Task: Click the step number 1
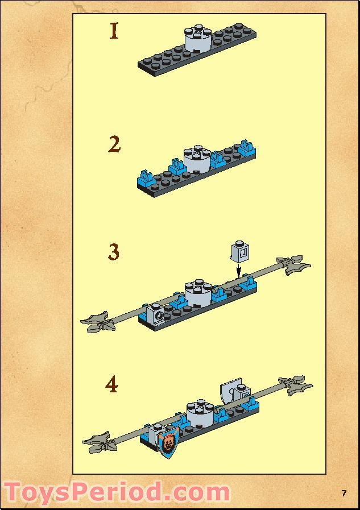pos(114,31)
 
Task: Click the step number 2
pos(114,144)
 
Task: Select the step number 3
pos(114,252)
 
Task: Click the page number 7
pos(344,493)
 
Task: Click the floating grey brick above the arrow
pos(239,252)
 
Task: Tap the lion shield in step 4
pos(169,442)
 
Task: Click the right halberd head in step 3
pos(293,265)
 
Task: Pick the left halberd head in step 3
pos(98,322)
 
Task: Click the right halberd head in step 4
pos(296,385)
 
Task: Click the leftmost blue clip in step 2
pos(145,177)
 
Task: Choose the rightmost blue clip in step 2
pos(247,148)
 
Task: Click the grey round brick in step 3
pos(198,293)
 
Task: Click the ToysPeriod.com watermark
pos(117,492)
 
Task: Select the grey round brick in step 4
pos(200,414)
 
